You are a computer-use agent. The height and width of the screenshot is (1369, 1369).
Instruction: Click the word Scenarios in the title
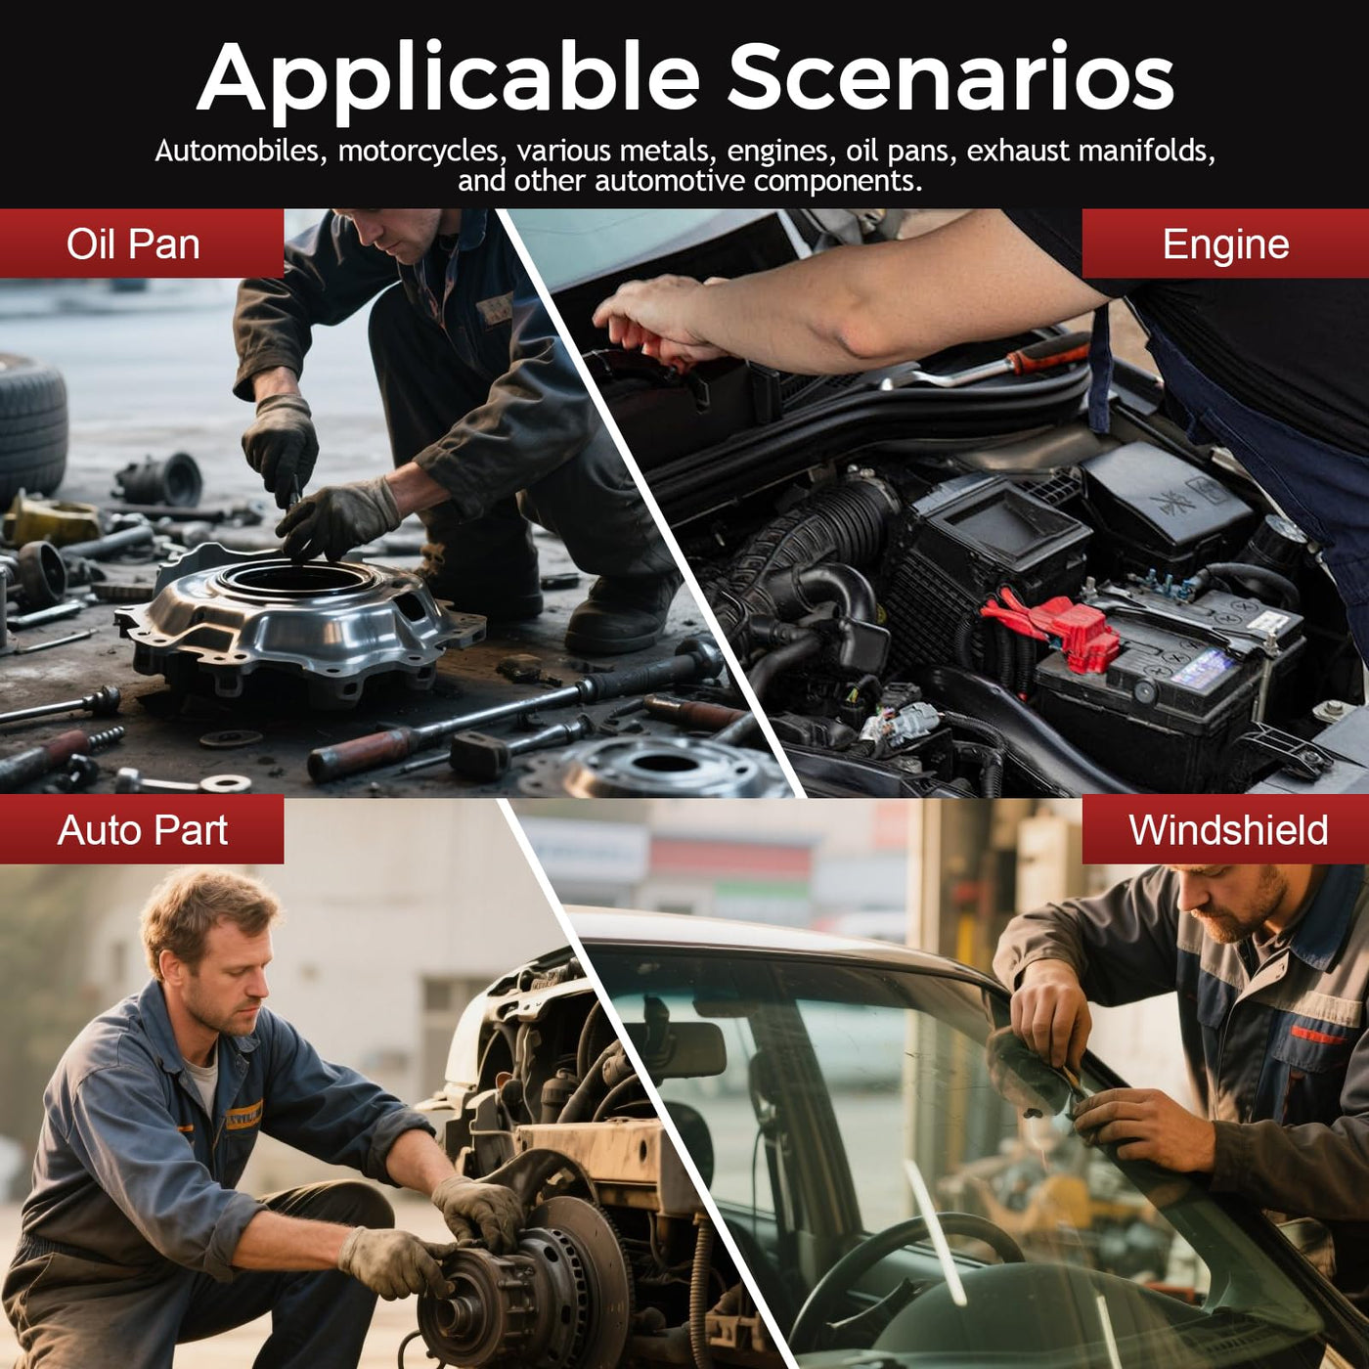click(949, 75)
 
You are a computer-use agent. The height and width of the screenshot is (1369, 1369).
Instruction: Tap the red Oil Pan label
click(142, 243)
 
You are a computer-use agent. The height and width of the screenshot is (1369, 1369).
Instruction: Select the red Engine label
click(1225, 243)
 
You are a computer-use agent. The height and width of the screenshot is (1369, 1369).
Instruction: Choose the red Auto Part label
click(142, 829)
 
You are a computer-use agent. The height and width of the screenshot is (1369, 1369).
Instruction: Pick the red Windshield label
click(1225, 829)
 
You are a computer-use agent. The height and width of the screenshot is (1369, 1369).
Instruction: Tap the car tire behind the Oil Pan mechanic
click(32, 426)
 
